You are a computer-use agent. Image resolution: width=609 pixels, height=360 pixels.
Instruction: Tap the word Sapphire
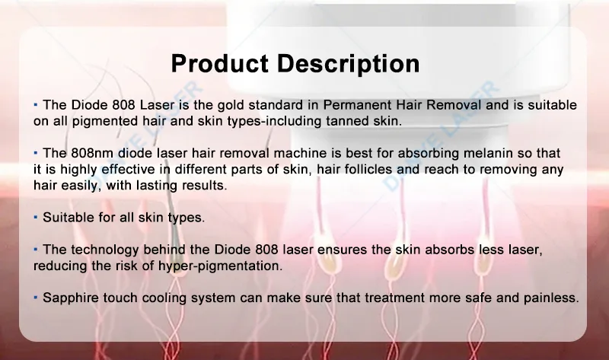click(x=71, y=298)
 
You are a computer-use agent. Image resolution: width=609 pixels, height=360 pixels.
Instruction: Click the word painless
click(x=550, y=298)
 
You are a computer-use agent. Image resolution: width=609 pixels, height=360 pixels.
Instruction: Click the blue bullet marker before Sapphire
click(x=36, y=297)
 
